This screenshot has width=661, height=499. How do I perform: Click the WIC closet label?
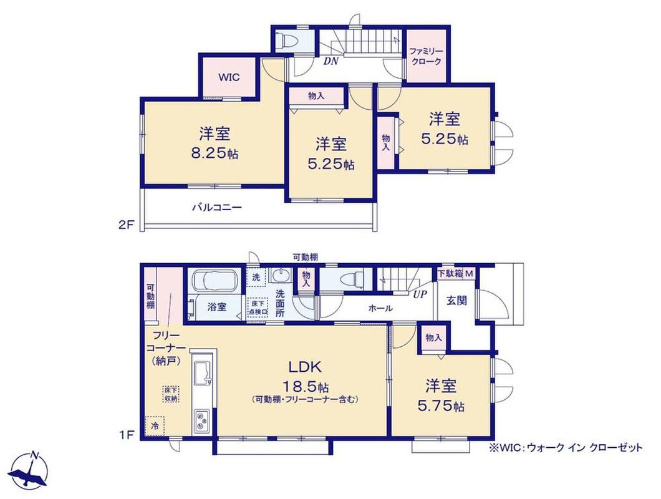(229, 77)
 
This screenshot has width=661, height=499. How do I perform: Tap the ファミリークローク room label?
(426, 56)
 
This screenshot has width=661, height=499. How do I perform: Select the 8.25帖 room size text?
(215, 153)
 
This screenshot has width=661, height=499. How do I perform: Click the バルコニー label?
(217, 207)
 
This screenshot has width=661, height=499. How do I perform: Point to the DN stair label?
(331, 61)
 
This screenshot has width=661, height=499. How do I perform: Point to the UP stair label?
(420, 295)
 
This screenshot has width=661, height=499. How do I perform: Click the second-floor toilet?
(288, 41)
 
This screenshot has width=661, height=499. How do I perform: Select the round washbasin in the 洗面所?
(281, 276)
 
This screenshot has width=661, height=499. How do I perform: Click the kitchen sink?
(203, 374)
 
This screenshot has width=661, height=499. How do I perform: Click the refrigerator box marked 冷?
(155, 426)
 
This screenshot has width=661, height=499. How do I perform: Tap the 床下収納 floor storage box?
(171, 395)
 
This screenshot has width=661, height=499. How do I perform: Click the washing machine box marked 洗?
(256, 277)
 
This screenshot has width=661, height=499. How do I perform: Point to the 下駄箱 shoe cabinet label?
(450, 273)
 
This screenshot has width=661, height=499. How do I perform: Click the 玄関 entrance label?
(456, 300)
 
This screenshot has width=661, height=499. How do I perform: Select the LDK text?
(305, 367)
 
